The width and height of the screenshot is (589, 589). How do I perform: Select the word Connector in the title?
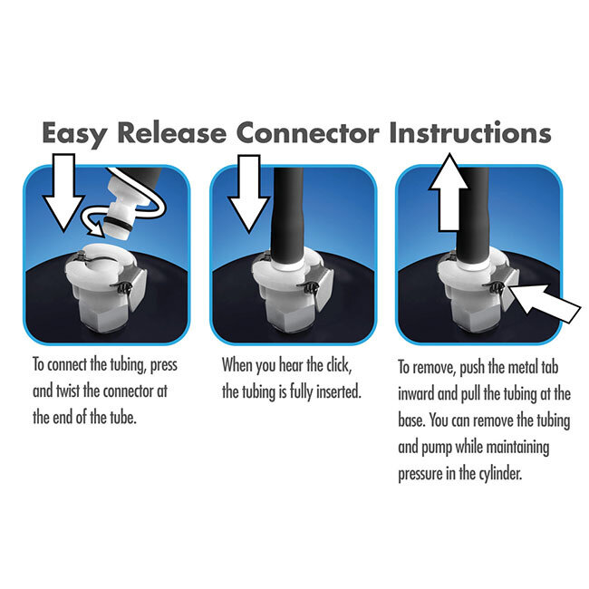[x=309, y=133]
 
